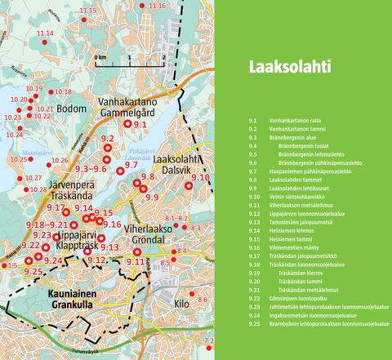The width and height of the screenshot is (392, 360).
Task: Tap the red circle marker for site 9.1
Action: coord(127,124)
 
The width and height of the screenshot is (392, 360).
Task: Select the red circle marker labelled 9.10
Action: coord(190,186)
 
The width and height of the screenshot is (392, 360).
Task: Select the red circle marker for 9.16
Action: coord(99,224)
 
